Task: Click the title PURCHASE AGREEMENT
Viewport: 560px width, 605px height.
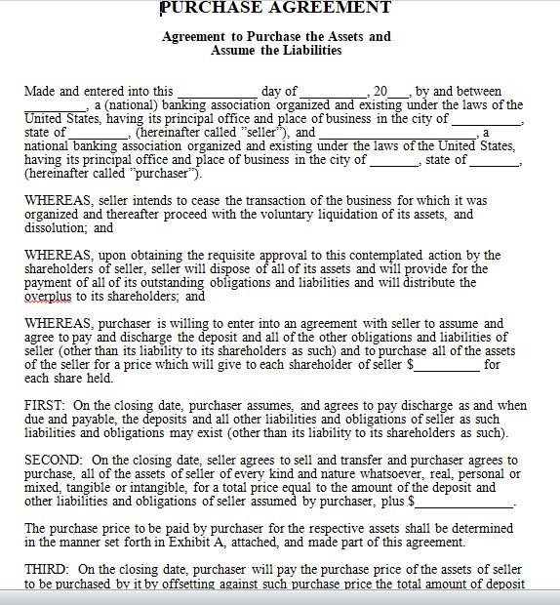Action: tap(275, 8)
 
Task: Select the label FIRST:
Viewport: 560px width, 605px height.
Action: tap(45, 405)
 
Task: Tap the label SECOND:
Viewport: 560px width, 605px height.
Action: tap(54, 460)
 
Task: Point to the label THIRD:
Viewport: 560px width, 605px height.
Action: tap(47, 569)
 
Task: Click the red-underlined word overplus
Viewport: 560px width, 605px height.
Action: tap(49, 297)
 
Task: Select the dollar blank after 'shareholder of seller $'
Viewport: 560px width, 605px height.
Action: tap(448, 365)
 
